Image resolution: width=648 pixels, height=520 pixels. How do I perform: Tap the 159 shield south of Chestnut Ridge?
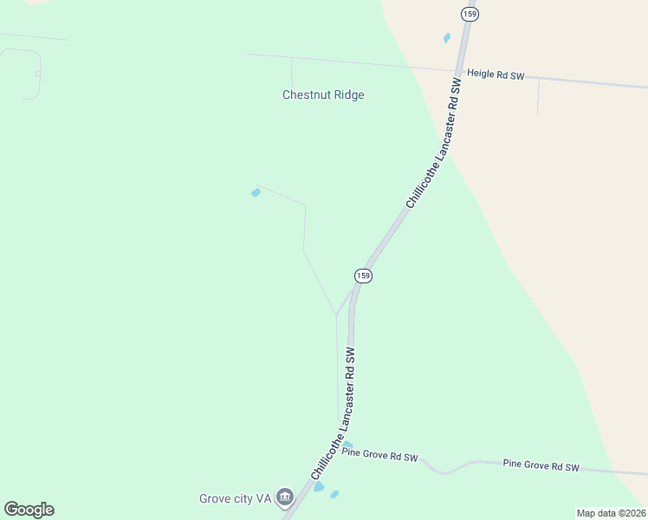tap(363, 275)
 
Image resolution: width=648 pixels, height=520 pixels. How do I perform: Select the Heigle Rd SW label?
tap(496, 75)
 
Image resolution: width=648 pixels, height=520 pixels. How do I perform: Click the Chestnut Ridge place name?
tap(323, 94)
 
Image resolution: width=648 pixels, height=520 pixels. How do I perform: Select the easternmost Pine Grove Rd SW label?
tap(541, 466)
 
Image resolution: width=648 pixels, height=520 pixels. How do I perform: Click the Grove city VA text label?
tap(236, 498)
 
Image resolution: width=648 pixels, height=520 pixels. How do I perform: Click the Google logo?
tap(29, 510)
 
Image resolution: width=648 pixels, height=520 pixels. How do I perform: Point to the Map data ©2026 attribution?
tap(611, 513)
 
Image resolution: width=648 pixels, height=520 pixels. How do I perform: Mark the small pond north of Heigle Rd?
tap(447, 38)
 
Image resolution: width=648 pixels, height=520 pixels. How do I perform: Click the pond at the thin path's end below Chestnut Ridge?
tap(255, 192)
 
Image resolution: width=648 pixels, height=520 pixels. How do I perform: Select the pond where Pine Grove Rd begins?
tap(347, 445)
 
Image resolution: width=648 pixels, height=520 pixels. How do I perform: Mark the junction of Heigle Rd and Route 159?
tap(457, 71)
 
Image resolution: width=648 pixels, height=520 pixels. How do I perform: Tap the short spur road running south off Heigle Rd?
tap(538, 95)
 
